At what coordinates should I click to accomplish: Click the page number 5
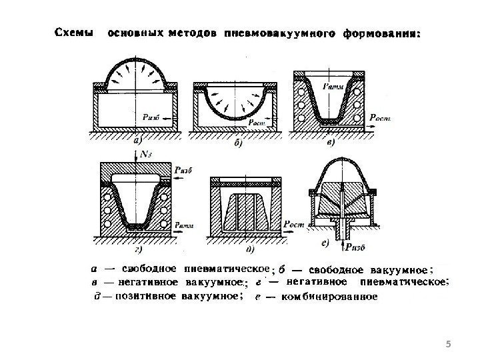(x=447, y=344)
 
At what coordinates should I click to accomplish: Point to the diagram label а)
(x=138, y=141)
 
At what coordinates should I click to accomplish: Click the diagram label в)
(x=329, y=141)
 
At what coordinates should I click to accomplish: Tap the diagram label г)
(x=138, y=249)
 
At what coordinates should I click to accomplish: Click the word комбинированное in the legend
(x=330, y=298)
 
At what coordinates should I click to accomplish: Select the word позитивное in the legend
(x=140, y=298)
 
